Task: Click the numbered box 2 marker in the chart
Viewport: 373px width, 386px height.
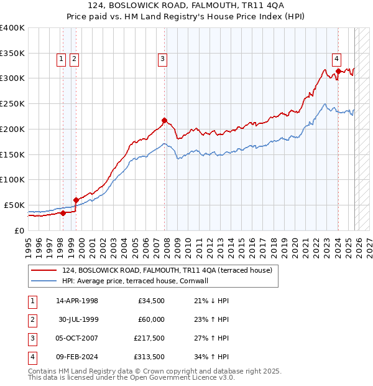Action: (74, 59)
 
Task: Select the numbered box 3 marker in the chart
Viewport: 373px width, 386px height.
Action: (162, 59)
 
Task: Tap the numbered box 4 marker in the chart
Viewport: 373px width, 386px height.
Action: (336, 59)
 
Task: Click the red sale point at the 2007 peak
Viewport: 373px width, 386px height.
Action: (164, 120)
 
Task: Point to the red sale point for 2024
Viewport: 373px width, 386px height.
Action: (338, 71)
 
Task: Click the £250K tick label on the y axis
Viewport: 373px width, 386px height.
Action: (12, 103)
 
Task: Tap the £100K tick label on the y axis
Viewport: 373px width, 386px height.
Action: (12, 179)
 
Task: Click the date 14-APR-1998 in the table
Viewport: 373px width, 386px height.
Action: (77, 301)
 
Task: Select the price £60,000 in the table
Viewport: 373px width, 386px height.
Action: (151, 319)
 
